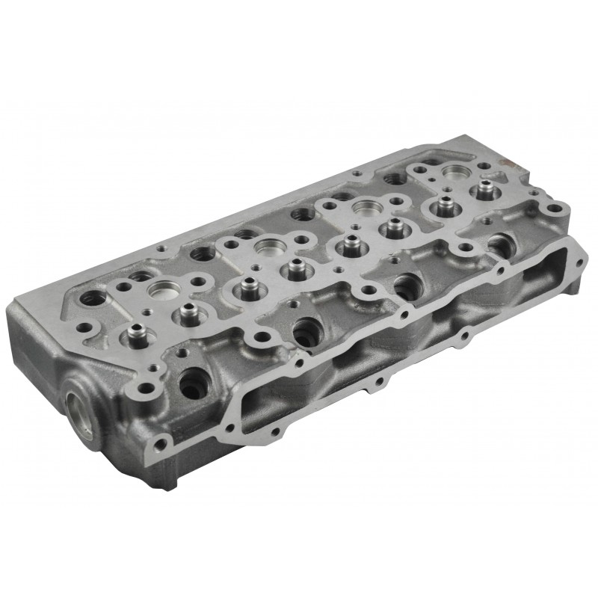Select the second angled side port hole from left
point(306,330)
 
